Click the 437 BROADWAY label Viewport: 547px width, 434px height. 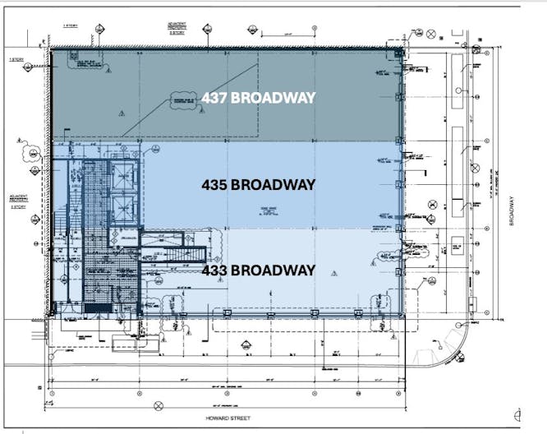tap(258, 98)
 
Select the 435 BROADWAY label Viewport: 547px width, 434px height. tap(258, 185)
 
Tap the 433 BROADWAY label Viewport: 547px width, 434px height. tap(258, 270)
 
